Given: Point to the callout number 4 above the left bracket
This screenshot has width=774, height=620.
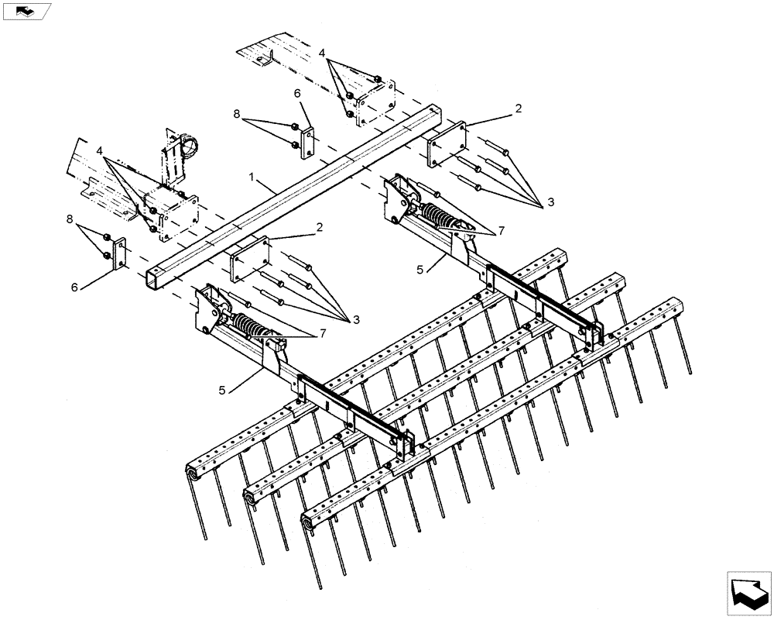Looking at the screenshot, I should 100,148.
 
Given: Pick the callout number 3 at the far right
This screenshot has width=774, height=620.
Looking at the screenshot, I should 550,201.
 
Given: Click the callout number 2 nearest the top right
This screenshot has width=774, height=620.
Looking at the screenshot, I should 518,109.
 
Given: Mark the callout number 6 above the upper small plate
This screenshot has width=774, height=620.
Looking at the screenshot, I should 296,93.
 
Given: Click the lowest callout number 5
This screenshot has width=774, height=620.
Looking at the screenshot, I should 223,390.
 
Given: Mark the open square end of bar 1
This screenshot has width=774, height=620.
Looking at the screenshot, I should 154,277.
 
